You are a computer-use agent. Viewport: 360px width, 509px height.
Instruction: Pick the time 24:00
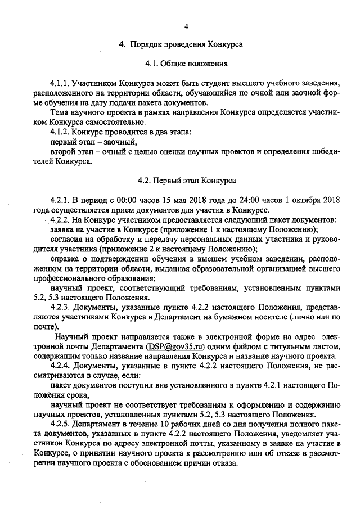tap(246, 200)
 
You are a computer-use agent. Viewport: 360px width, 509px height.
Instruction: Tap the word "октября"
tap(304, 200)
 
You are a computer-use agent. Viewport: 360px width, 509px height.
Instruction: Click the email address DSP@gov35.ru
tap(175, 346)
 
